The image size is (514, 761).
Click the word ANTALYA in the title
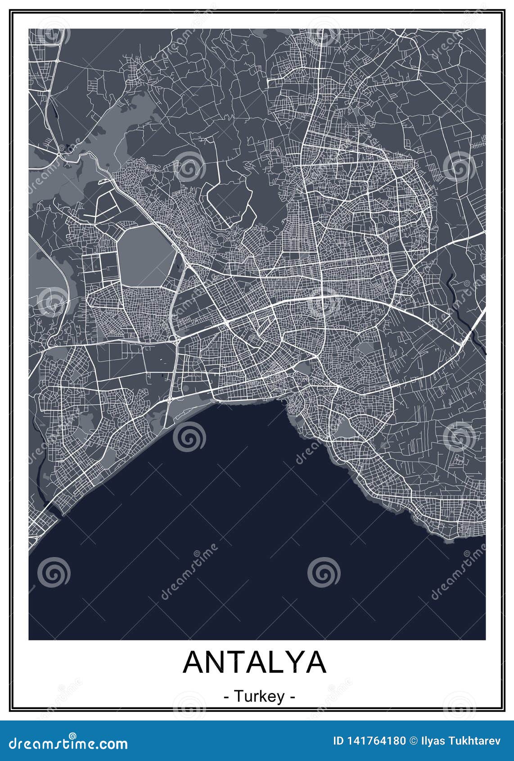[255, 661]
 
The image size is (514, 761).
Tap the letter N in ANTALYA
[216, 661]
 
